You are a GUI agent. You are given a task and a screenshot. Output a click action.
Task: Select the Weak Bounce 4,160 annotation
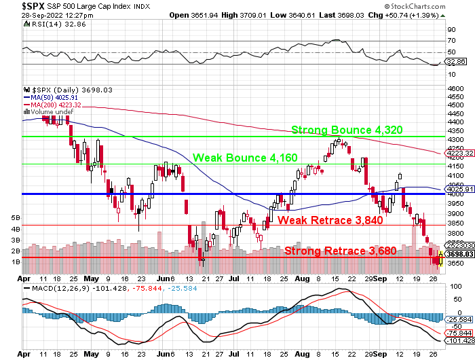(x=245, y=158)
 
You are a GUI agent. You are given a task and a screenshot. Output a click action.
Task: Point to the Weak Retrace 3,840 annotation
(x=330, y=220)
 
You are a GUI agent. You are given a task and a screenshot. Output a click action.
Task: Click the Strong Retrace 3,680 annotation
(x=340, y=251)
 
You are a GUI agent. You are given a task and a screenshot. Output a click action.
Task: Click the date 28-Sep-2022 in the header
(x=24, y=15)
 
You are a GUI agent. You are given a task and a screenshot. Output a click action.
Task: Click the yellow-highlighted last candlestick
(x=442, y=258)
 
